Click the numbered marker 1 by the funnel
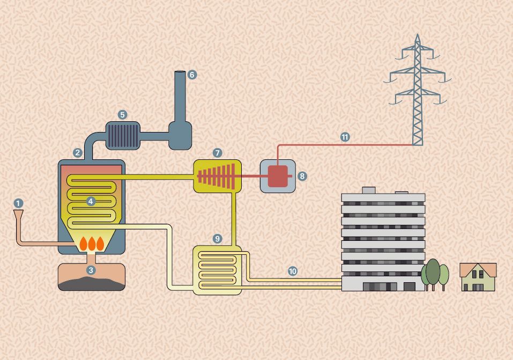(19, 203)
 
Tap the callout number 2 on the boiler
(78, 153)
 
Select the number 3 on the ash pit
(91, 270)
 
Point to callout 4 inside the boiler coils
(91, 201)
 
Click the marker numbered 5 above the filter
(123, 114)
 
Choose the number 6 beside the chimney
(192, 75)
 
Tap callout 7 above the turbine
(217, 153)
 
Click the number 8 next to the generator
(302, 176)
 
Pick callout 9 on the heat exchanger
(217, 238)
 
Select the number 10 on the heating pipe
(292, 271)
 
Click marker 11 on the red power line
(345, 137)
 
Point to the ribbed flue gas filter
(123, 134)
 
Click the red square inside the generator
(278, 176)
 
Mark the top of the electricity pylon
(418, 36)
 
